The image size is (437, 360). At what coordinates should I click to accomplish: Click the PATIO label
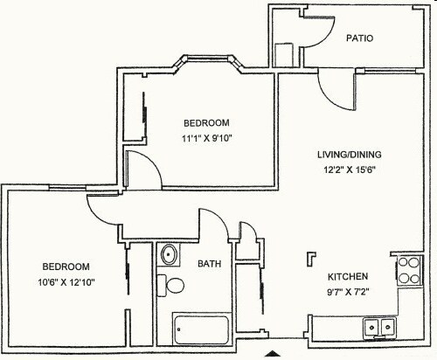coord(361,38)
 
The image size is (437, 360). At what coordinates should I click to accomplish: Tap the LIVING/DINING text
coord(349,156)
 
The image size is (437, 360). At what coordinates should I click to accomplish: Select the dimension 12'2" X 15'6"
coord(350,170)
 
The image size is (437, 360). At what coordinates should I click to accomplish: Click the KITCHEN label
coord(348,275)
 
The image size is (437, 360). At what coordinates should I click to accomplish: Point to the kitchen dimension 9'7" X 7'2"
coord(348,292)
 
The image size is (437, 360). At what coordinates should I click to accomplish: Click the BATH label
coord(209,263)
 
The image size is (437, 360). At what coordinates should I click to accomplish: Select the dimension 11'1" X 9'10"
coord(207,137)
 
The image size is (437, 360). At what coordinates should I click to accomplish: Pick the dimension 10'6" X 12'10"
coord(66,281)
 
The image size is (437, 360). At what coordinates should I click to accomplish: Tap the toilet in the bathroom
coord(173,285)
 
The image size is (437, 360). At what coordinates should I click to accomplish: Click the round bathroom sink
coord(169,256)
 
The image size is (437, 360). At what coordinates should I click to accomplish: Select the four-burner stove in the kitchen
coord(408,271)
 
